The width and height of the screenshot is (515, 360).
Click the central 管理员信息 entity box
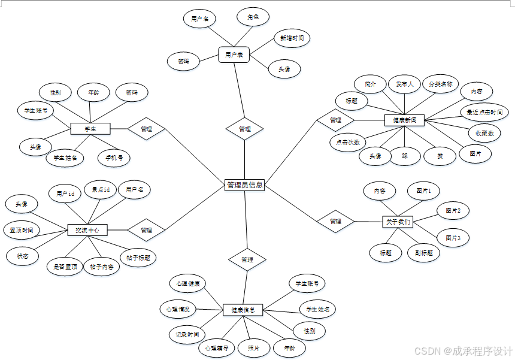coord(244,185)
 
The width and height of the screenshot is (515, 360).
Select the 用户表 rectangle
coord(234,55)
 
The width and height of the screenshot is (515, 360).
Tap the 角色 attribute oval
coord(253,17)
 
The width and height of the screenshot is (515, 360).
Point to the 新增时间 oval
coord(292,38)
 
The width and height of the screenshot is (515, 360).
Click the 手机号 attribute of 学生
coord(114,158)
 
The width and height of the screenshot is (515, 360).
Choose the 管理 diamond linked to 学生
coord(146,129)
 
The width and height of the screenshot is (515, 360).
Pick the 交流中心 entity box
coord(87,230)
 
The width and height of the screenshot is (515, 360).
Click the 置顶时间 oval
coord(22,229)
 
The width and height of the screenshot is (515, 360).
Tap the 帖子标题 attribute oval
coord(138,258)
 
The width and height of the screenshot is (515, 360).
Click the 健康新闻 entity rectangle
coord(404,120)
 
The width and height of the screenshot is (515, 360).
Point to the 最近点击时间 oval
coord(484,112)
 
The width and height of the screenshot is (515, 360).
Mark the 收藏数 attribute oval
coord(484,133)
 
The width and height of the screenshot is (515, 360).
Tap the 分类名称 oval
coord(440,84)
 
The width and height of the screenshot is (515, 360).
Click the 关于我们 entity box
coord(398,222)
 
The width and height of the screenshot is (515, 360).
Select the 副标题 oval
coord(423,253)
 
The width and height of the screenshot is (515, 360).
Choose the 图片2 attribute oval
coord(453,210)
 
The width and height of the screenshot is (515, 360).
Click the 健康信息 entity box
coord(243,310)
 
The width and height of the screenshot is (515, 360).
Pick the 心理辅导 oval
coord(216,348)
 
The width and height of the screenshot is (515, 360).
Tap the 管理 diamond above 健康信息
coord(247,259)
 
